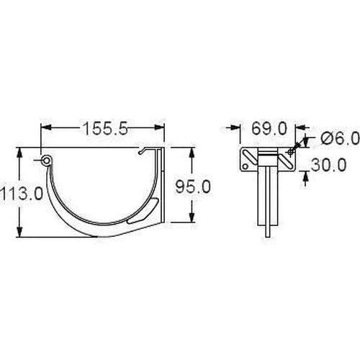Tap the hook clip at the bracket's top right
click(148, 152)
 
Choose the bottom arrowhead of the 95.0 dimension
click(192, 219)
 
